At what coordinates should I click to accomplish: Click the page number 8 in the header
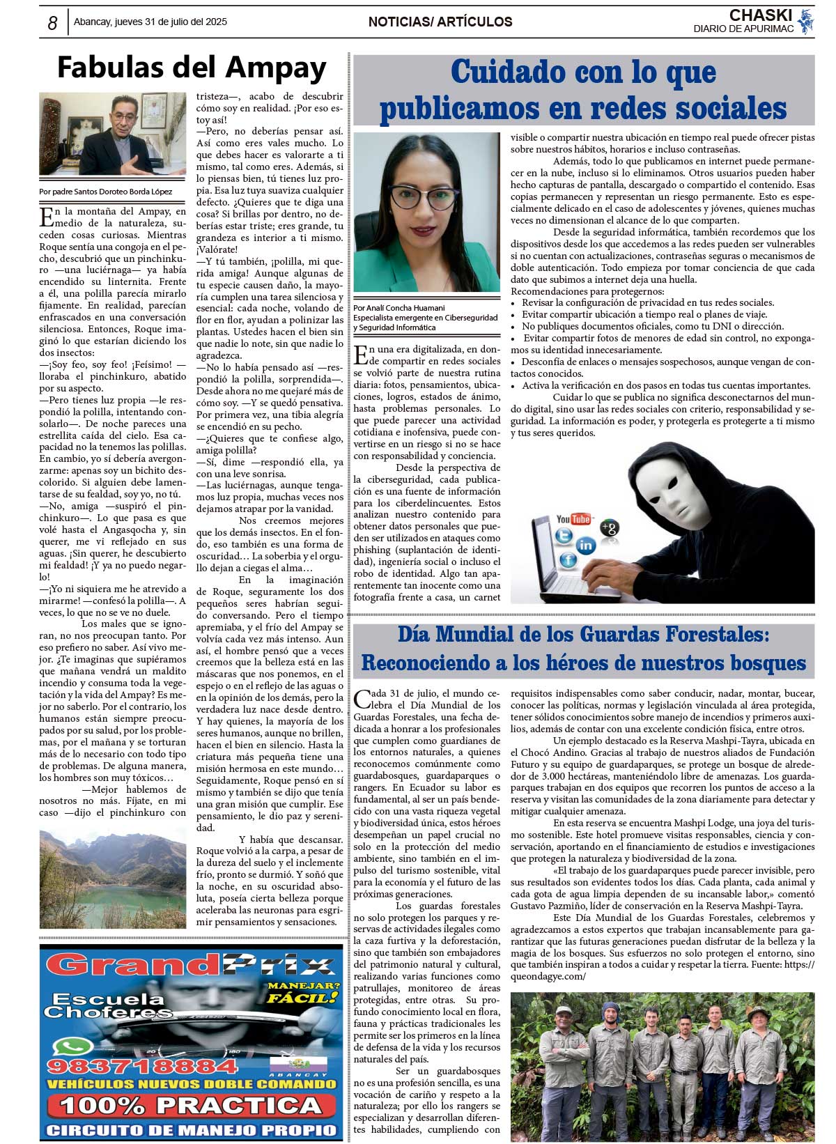click(52, 23)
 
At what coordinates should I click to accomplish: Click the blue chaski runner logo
click(806, 21)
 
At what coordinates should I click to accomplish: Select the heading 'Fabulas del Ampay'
click(192, 68)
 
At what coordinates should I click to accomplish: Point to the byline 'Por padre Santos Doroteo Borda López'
click(106, 192)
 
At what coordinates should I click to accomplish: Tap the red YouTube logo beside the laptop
click(573, 519)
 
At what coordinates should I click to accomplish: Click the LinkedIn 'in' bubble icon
click(586, 546)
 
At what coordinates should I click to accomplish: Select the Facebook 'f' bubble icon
click(568, 559)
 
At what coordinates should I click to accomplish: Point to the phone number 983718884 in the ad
click(132, 1066)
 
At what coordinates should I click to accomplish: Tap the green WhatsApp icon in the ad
click(70, 1047)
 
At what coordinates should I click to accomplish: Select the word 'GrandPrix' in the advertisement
click(190, 966)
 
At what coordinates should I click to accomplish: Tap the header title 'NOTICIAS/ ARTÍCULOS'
click(440, 22)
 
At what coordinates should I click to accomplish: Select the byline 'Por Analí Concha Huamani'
click(399, 307)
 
